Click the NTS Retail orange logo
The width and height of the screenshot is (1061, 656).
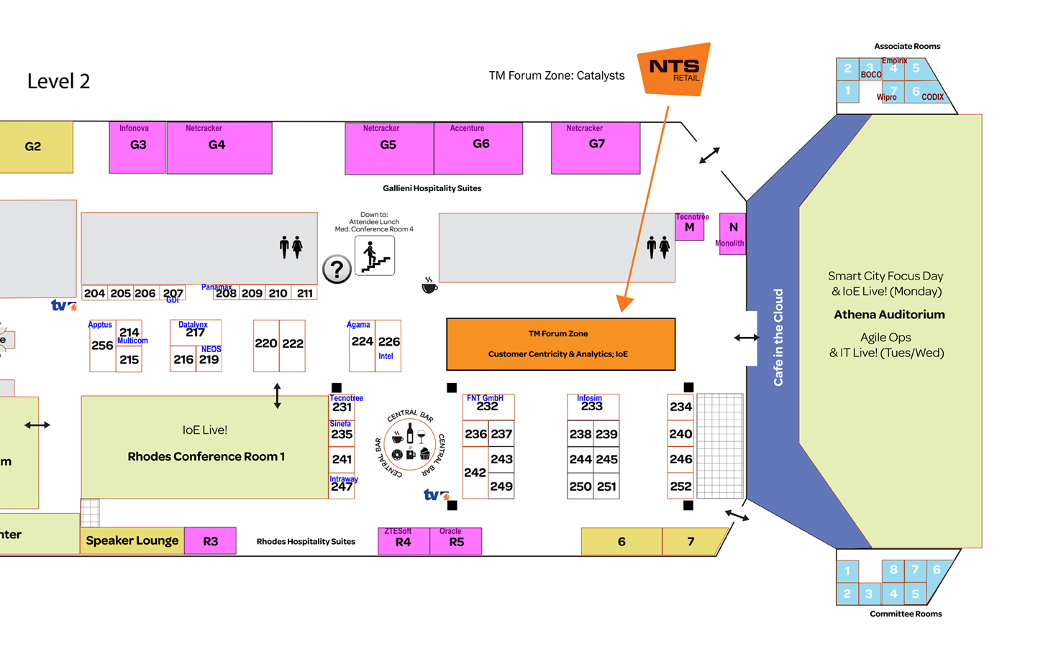pyautogui.click(x=674, y=70)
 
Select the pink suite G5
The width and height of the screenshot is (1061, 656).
pyautogui.click(x=388, y=147)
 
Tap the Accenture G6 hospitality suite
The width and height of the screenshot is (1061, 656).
pyautogui.click(x=478, y=147)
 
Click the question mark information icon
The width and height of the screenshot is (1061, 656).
pyautogui.click(x=337, y=269)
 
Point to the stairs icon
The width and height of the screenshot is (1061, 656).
pyautogui.click(x=375, y=257)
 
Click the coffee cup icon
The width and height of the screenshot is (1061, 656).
pyautogui.click(x=429, y=286)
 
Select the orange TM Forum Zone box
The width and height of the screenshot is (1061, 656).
pyautogui.click(x=560, y=344)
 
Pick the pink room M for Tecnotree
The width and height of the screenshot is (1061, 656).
pyautogui.click(x=689, y=228)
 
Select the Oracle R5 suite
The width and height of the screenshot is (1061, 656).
pyautogui.click(x=456, y=542)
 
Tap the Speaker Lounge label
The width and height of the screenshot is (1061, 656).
pyautogui.click(x=132, y=540)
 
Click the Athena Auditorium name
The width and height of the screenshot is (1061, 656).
pyautogui.click(x=889, y=315)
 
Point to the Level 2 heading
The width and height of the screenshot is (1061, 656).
pyautogui.click(x=59, y=81)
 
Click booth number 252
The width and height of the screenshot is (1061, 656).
pyautogui.click(x=680, y=486)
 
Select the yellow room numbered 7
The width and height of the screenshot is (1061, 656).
pyautogui.click(x=691, y=542)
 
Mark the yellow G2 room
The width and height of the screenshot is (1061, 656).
pyautogui.click(x=33, y=147)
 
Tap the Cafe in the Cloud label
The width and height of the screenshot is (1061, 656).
pyautogui.click(x=778, y=337)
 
